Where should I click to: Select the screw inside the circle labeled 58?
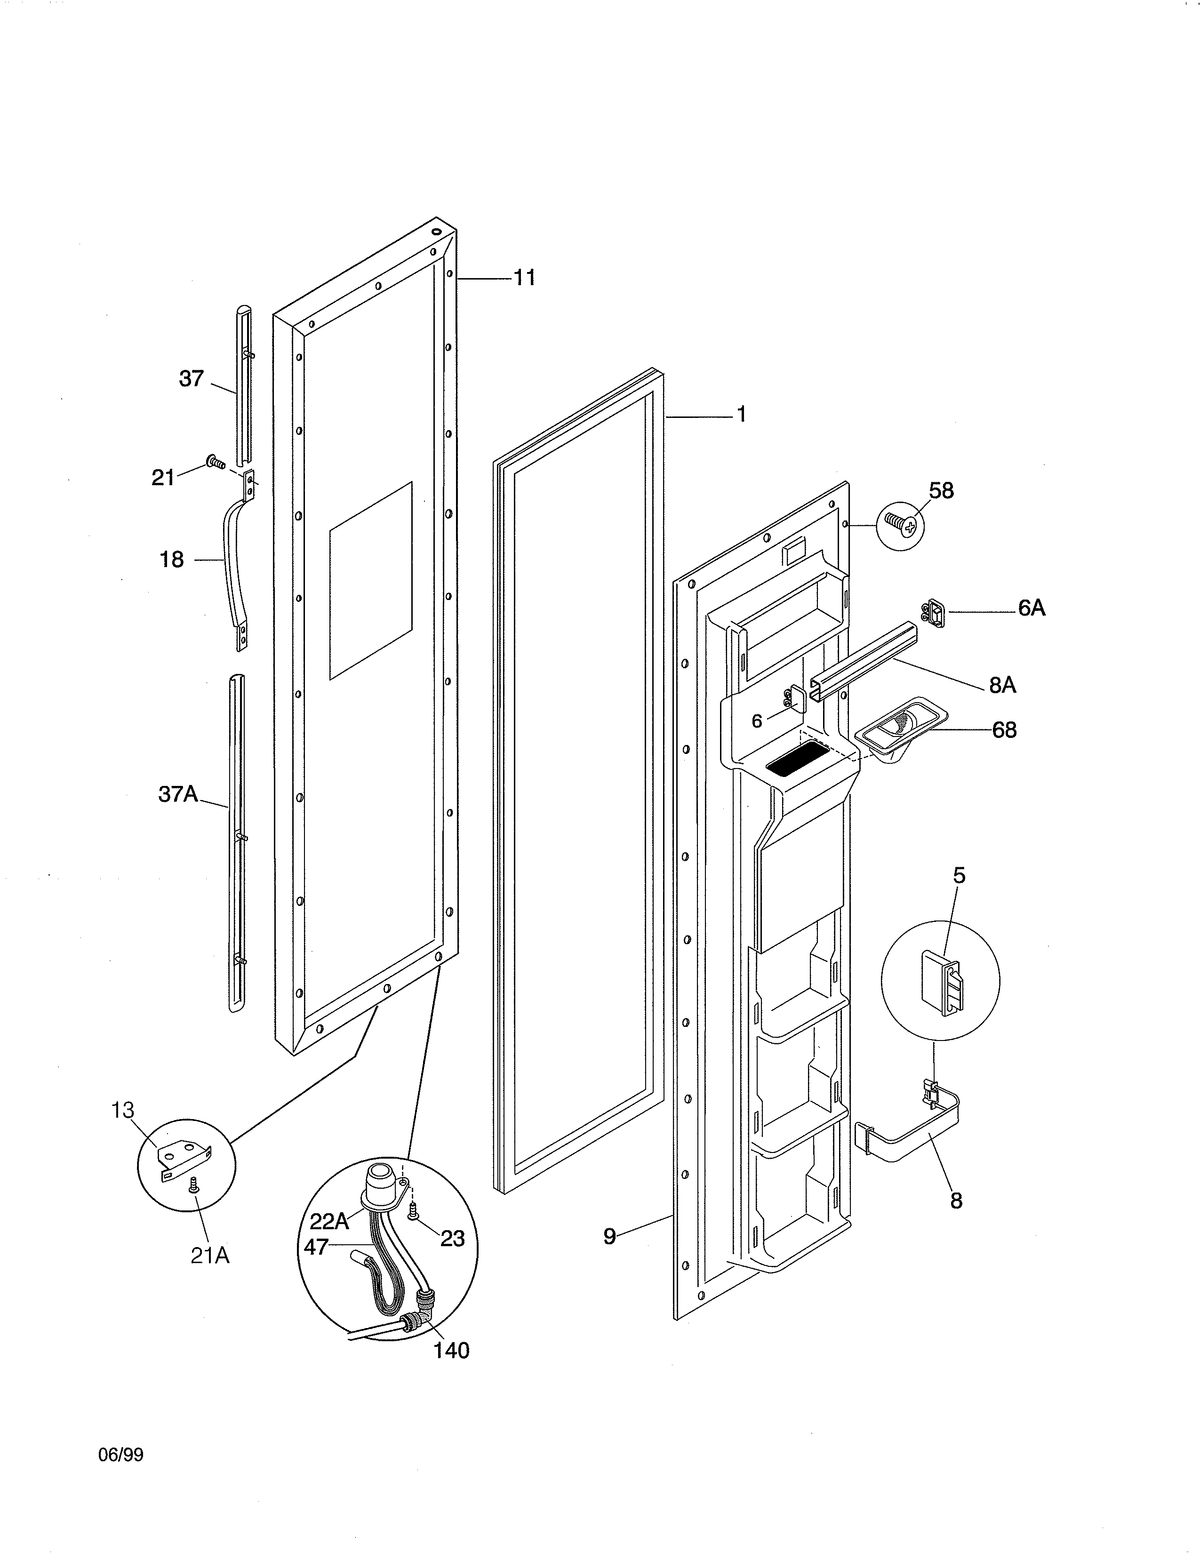899,525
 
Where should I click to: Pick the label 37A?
178,794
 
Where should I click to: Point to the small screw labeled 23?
412,1216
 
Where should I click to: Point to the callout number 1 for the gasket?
742,415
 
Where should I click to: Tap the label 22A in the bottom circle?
329,1221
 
